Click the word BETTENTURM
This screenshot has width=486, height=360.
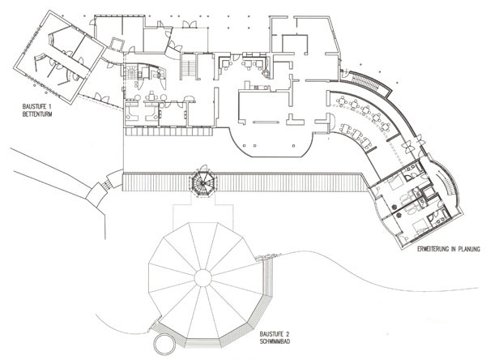[x=37, y=114]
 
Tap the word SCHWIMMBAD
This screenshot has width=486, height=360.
[x=275, y=341]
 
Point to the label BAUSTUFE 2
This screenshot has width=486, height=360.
[x=275, y=335]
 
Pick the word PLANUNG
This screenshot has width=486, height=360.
[x=470, y=249]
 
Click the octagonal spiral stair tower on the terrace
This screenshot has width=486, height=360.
[x=203, y=183]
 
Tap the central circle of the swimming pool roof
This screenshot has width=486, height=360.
[x=203, y=279]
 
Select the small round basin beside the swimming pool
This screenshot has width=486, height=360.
[x=164, y=344]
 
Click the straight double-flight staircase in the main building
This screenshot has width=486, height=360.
[x=188, y=66]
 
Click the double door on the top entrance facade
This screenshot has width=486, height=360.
[x=189, y=24]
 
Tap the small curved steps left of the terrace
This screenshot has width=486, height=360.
[x=108, y=184]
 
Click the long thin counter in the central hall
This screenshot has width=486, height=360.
[x=266, y=122]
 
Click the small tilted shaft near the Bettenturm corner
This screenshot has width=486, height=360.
[x=117, y=44]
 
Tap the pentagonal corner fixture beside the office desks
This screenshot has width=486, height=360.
[x=266, y=74]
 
